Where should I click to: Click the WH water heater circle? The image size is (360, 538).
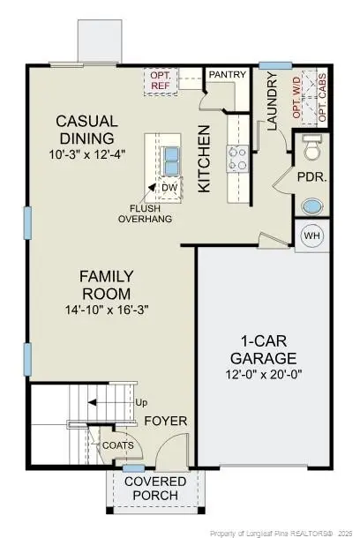pos(312,236)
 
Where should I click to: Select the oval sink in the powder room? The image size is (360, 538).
pos(311,208)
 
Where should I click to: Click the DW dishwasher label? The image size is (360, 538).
pos(169,187)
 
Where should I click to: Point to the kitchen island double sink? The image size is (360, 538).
pos(169,160)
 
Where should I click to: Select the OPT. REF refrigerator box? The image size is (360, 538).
pos(161,80)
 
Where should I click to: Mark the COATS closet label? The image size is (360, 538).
pos(117,445)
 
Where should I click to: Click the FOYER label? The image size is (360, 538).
pos(166,421)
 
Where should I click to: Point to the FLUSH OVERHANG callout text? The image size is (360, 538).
pos(146,214)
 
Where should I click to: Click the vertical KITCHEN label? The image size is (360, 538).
pos(204,159)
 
